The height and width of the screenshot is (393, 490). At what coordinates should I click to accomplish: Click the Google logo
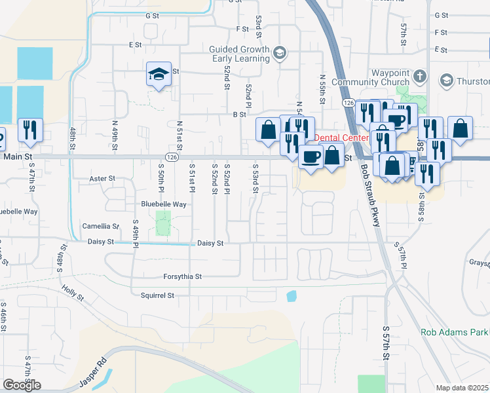pyautogui.click(x=22, y=384)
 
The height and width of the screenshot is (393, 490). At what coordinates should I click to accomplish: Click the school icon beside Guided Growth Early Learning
pyautogui.click(x=280, y=53)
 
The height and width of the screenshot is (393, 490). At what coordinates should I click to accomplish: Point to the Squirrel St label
pyautogui.click(x=157, y=295)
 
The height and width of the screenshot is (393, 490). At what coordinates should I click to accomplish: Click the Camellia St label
pyautogui.click(x=100, y=226)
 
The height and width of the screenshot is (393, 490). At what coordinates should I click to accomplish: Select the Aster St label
pyautogui.click(x=102, y=178)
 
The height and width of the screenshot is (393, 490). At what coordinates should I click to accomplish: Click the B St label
pyautogui.click(x=239, y=114)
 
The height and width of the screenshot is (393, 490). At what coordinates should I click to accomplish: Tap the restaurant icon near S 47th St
pyautogui.click(x=30, y=130)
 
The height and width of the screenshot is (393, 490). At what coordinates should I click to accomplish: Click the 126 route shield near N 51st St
pyautogui.click(x=171, y=157)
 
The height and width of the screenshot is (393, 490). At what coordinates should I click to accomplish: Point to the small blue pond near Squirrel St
pyautogui.click(x=292, y=296)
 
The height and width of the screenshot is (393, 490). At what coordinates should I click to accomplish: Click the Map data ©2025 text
pyautogui.click(x=462, y=388)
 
